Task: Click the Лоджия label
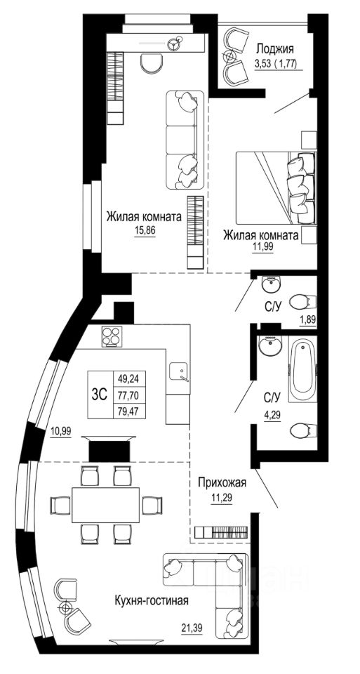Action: click(275, 48)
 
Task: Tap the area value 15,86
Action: click(144, 230)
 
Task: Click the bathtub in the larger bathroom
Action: click(302, 369)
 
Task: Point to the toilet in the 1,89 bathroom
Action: click(303, 302)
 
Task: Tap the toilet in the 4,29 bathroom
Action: click(303, 430)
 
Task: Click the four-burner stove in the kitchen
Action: click(112, 336)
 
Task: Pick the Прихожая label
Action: click(222, 482)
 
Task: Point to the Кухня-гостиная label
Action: click(152, 600)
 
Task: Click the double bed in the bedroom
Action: click(276, 187)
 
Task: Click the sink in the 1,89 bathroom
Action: click(272, 284)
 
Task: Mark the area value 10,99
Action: click(60, 431)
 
